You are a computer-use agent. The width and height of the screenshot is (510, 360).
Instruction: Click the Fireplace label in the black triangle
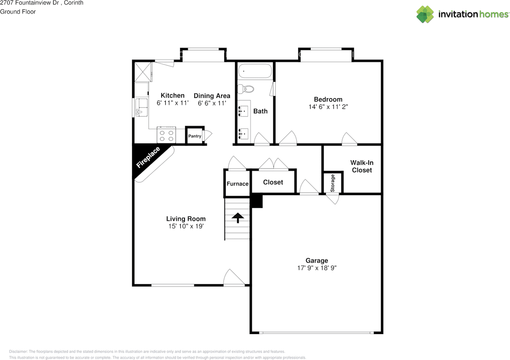coord(148,157)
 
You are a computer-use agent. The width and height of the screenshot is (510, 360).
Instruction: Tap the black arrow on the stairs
coord(238,218)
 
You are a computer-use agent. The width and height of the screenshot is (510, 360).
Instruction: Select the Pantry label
coord(195,136)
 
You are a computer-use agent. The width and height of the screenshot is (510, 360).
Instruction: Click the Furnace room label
coord(237,184)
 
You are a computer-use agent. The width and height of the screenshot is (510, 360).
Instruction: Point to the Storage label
coord(333,183)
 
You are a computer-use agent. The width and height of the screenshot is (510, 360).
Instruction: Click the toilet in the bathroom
coord(249,89)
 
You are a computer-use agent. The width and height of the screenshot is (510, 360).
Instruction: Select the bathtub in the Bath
coord(255,71)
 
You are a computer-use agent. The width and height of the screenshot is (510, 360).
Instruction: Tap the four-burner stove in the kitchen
coord(167,134)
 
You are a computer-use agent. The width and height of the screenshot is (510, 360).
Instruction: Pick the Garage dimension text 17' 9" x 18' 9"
coord(317,268)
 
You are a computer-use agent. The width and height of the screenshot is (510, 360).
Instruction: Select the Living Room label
coord(186,218)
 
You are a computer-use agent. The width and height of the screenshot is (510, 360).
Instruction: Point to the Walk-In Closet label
coord(361,166)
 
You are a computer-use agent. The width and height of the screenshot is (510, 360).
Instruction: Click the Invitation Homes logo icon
coord(425,14)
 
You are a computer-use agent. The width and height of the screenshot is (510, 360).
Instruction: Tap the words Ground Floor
coord(18,12)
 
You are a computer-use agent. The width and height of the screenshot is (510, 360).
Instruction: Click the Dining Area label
coord(212,96)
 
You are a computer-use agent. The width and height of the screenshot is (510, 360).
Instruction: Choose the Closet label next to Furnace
coord(273,182)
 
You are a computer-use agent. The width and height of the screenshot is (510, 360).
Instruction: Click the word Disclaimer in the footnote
coord(18,352)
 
